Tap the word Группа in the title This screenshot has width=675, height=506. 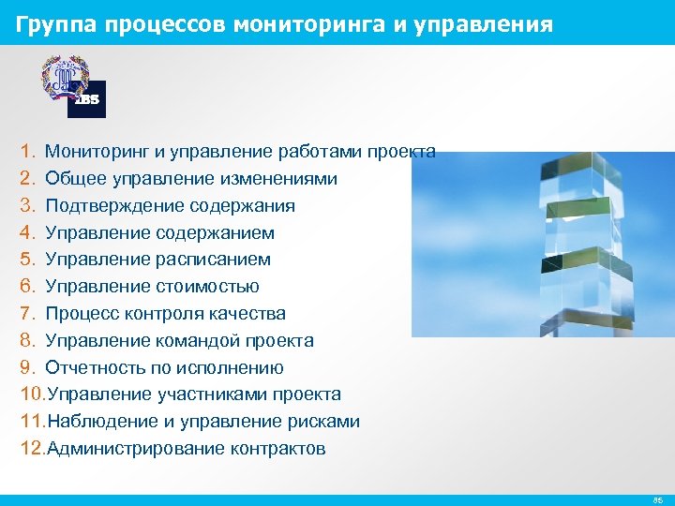click(x=55, y=23)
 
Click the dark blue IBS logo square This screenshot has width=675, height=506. click(x=87, y=99)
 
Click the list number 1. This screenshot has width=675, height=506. click(x=27, y=152)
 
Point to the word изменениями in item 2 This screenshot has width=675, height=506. click(x=282, y=179)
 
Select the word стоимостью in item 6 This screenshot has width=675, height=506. click(x=213, y=287)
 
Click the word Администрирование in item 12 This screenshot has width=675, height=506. click(x=125, y=449)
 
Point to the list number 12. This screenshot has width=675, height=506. click(x=31, y=449)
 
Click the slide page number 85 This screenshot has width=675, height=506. click(x=657, y=500)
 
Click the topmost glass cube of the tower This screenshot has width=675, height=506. click(x=578, y=173)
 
